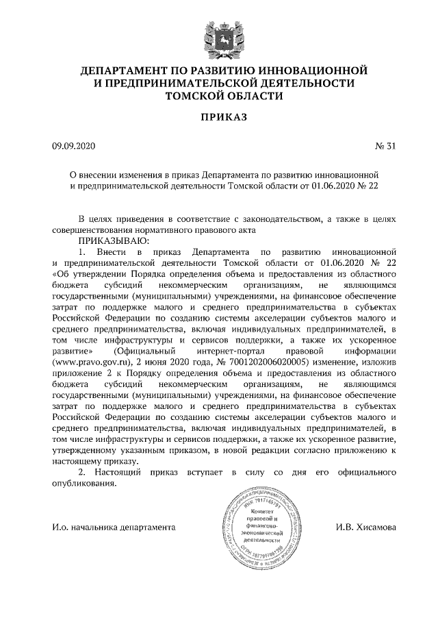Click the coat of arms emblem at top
(220, 34)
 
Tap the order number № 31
(385, 146)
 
